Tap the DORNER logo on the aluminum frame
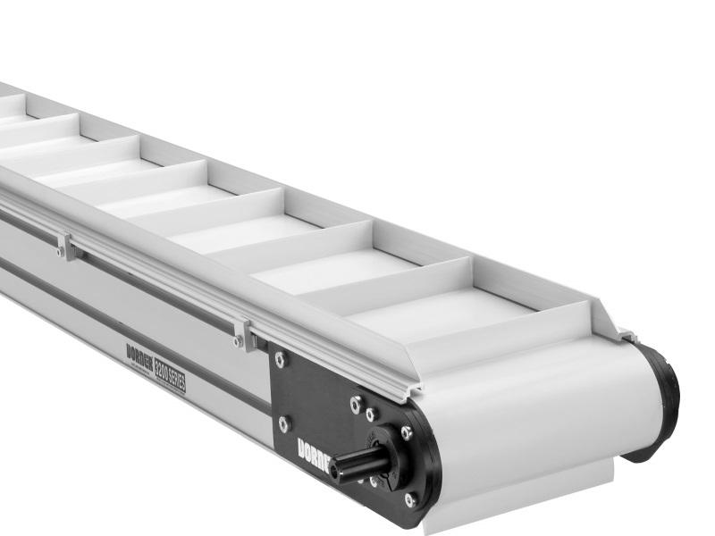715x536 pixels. point(139,355)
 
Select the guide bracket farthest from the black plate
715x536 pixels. point(65,246)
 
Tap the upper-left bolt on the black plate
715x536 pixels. point(280,359)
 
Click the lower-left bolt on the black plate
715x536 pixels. point(283,423)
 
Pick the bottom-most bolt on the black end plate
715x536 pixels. point(409,499)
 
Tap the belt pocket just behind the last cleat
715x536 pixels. point(438,313)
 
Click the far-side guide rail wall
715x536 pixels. point(357,214)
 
